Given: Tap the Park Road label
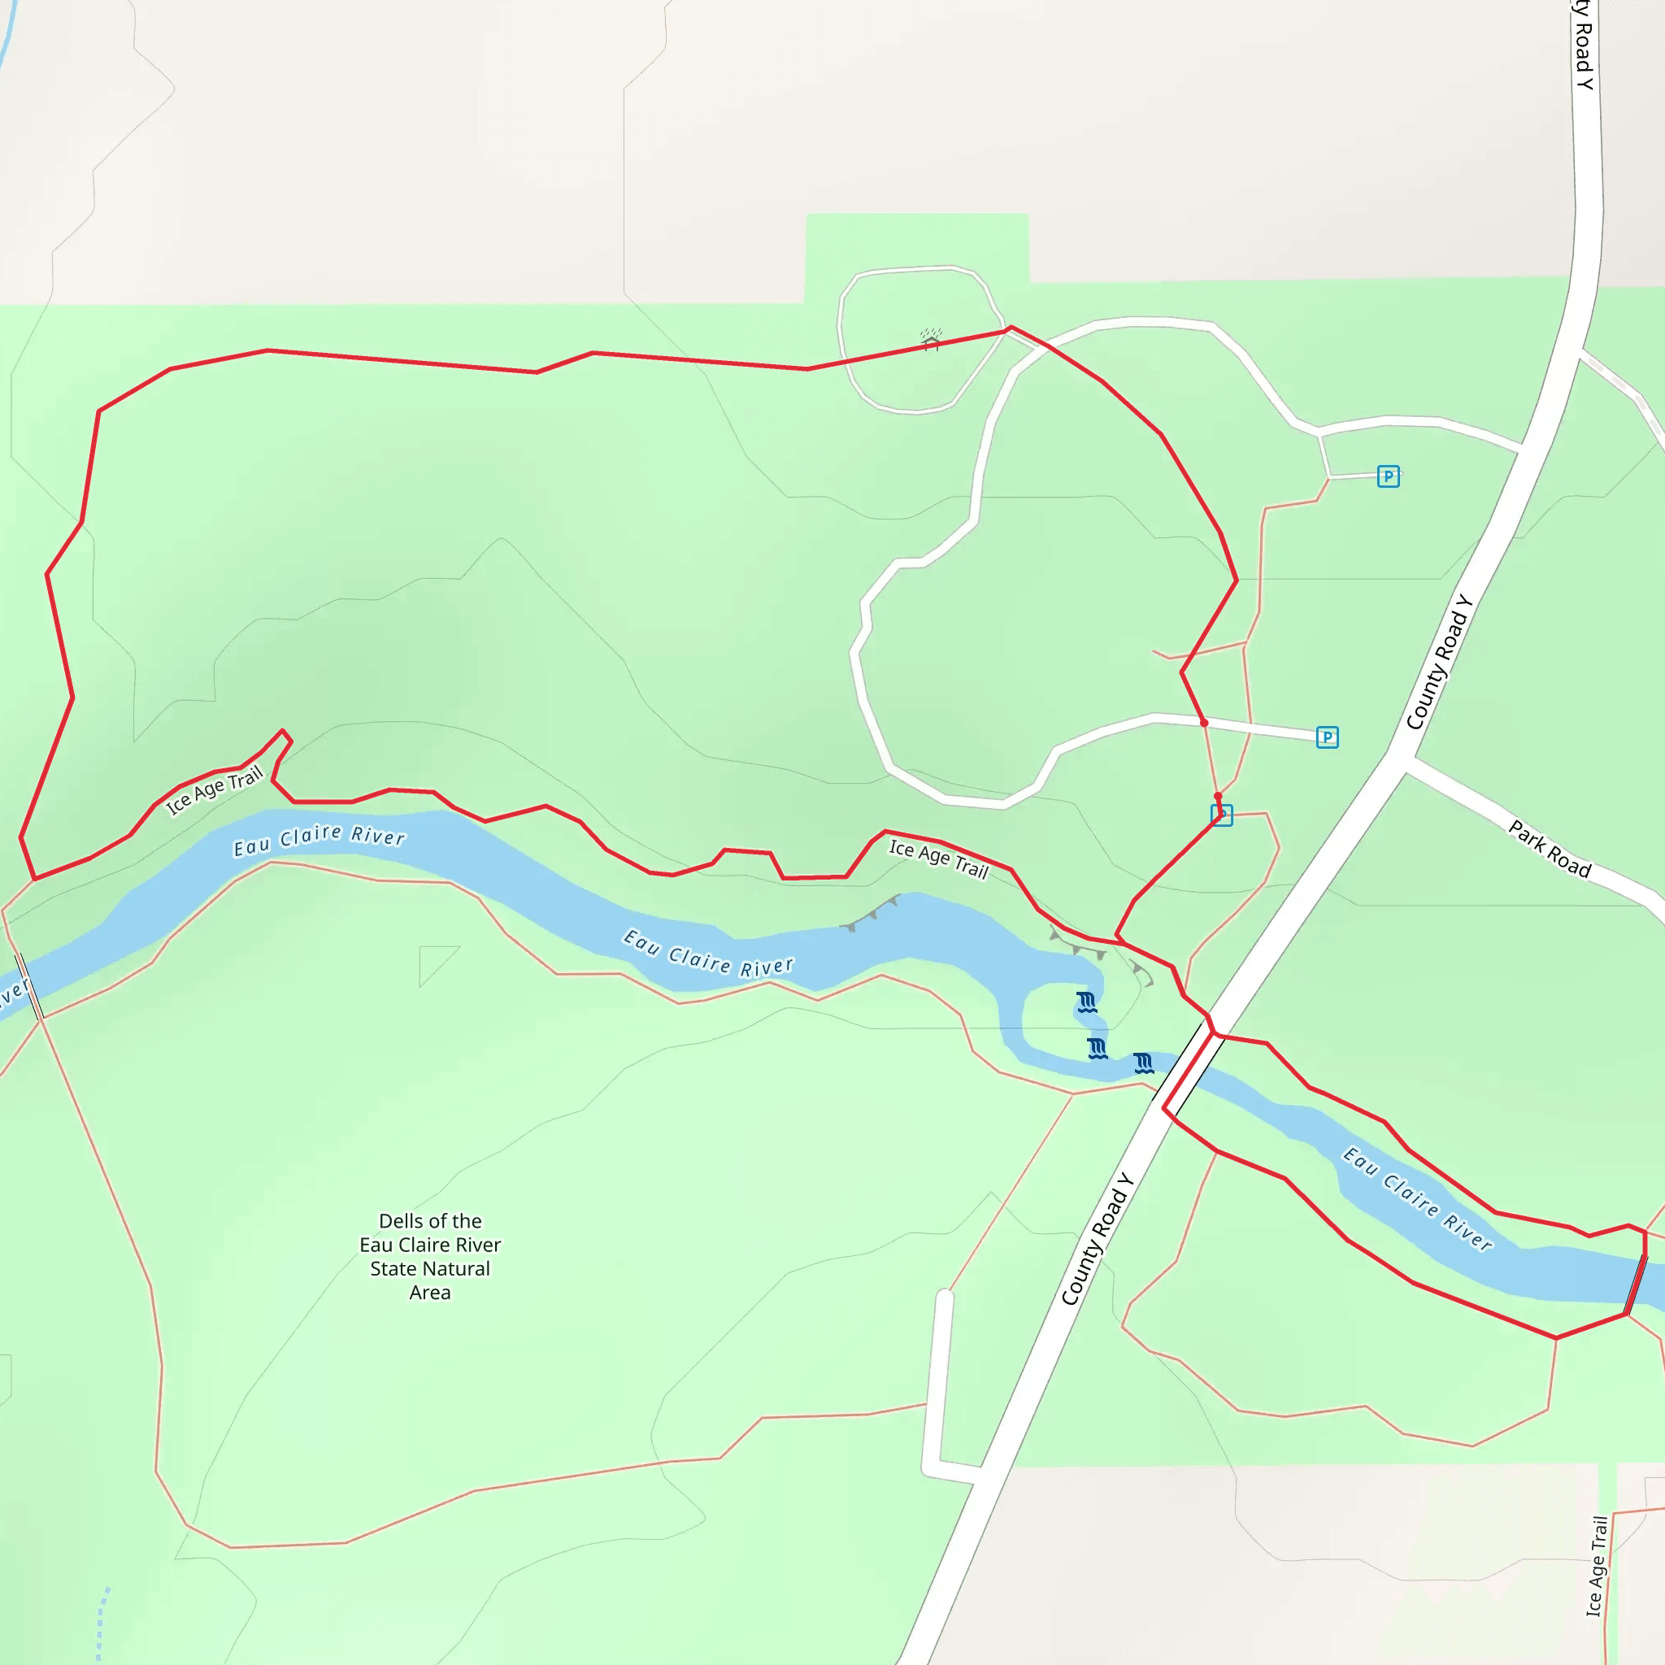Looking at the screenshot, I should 1549,849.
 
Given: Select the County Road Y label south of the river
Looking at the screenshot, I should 1095,1239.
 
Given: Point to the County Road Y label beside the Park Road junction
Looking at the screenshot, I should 1438,662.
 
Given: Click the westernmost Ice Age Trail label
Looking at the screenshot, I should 214,790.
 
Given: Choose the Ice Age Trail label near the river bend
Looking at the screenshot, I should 938,859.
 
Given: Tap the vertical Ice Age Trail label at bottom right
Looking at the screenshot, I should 1597,1566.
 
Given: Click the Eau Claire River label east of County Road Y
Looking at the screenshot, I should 1417,1198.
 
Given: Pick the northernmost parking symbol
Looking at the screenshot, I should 1388,476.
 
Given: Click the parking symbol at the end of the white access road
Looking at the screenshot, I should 1327,737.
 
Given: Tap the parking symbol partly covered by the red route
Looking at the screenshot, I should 1222,815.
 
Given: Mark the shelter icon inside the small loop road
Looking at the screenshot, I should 931,339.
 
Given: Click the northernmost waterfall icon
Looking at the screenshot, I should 1087,1002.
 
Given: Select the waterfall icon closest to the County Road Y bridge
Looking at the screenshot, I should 1144,1063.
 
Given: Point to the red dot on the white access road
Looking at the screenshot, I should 1204,722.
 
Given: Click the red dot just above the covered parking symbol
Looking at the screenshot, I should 1218,796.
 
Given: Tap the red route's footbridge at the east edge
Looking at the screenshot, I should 1636,1284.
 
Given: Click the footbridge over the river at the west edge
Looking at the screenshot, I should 30,987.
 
